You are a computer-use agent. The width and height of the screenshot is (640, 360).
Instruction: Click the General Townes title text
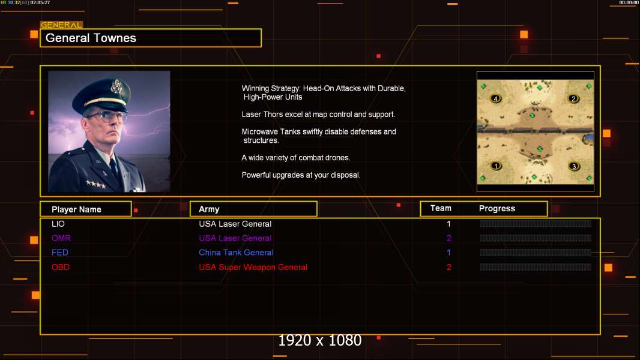pos(91,38)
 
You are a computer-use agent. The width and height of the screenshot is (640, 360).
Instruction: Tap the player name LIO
pos(58,224)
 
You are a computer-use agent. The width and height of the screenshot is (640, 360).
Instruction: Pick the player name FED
pos(60,253)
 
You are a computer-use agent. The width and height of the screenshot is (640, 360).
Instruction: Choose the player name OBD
pos(61,267)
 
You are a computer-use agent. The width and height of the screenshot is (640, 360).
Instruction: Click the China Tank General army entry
pos(236,253)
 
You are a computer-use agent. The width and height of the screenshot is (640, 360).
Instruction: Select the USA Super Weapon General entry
pos(253,267)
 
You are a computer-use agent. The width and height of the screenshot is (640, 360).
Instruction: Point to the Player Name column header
pos(76,209)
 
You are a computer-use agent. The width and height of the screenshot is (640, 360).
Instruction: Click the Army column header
pos(209,209)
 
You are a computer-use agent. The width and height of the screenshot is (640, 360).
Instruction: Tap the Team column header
pos(441,208)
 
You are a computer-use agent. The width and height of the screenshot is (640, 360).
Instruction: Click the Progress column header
pos(497,209)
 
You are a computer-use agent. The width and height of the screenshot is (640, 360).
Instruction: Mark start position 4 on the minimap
pos(496,98)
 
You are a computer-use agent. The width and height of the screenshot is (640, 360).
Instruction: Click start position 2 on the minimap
pos(573,99)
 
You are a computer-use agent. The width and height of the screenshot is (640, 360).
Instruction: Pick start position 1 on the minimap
pos(496,166)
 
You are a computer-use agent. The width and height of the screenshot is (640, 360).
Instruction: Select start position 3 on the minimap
pos(573,166)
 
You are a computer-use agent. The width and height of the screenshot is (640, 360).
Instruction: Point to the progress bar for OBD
pos(536,267)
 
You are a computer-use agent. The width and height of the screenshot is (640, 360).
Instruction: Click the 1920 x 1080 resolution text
pos(319,341)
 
